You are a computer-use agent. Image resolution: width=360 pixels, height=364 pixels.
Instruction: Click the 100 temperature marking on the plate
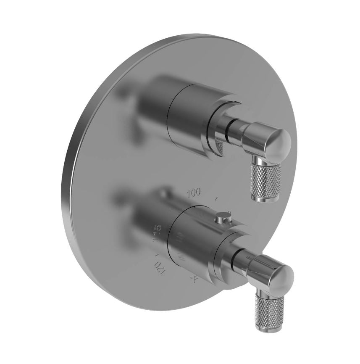[x=194, y=193]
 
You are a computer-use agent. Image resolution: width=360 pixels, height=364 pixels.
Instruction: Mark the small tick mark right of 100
[x=216, y=197]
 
